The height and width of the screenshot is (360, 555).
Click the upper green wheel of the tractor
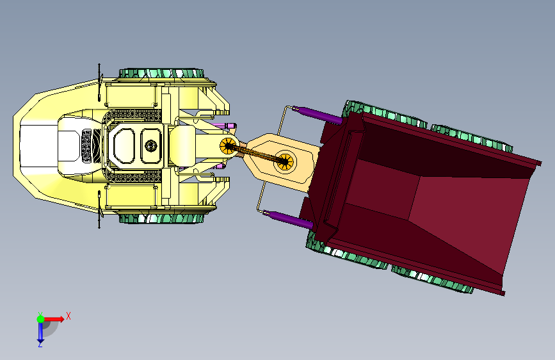[x=161, y=74]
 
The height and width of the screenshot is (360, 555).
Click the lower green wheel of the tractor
[x=161, y=218]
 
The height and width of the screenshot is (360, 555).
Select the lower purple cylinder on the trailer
[x=288, y=218]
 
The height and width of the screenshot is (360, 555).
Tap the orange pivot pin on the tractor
[x=228, y=146]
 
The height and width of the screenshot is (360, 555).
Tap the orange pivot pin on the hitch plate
[x=284, y=161]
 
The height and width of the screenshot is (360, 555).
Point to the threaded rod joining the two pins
[x=255, y=154]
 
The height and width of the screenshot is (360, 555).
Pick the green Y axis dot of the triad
[x=41, y=319]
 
